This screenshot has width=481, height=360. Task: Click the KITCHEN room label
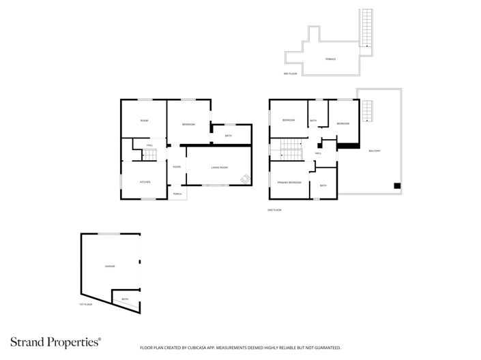(145, 182)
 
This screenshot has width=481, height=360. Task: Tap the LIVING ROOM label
(218, 167)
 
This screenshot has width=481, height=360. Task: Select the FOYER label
(176, 167)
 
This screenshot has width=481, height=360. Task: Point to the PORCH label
(177, 194)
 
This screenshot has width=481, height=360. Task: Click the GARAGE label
(109, 266)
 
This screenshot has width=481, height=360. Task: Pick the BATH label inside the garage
(125, 299)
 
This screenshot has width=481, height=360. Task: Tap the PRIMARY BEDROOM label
(289, 183)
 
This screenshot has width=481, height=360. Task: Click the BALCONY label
(375, 151)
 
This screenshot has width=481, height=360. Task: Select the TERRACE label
(330, 59)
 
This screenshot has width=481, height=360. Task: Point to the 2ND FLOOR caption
(274, 210)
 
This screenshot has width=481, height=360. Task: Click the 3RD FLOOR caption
(291, 73)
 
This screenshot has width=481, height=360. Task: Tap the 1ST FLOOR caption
(85, 305)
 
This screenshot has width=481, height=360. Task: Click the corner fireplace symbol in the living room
(244, 179)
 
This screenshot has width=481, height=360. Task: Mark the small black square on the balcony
(396, 185)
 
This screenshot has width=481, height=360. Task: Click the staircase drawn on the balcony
(368, 110)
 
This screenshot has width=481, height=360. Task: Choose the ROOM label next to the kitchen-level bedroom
(144, 121)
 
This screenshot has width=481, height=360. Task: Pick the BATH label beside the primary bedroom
(323, 185)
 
